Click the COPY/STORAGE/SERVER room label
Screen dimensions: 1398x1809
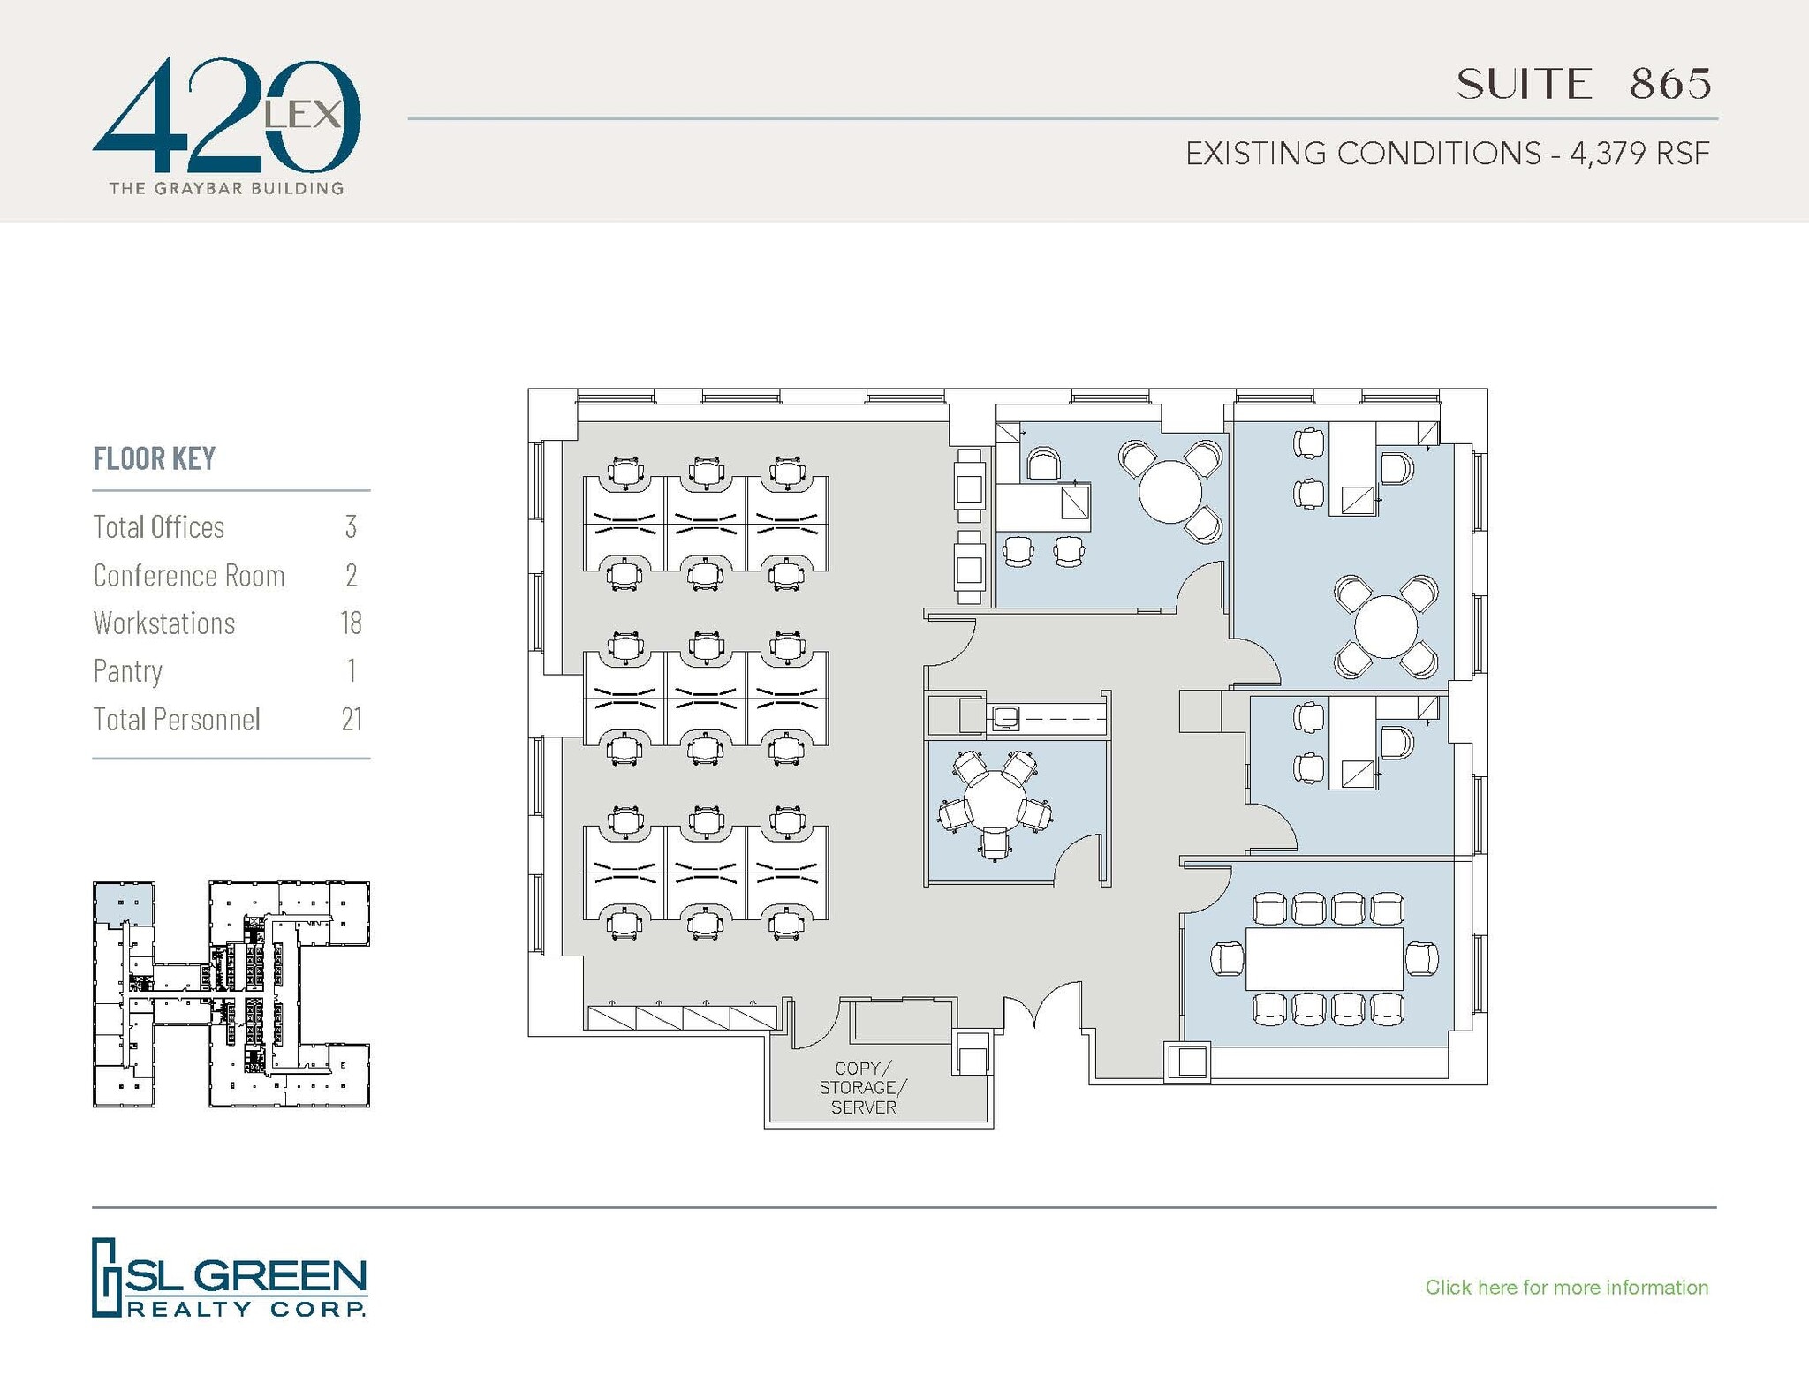[863, 1087]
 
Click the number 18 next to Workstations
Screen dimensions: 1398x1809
[351, 623]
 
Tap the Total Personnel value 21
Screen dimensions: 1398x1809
[352, 719]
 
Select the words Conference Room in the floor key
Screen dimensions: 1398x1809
[189, 575]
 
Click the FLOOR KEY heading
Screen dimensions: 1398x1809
[155, 458]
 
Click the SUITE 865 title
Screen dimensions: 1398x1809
[1583, 85]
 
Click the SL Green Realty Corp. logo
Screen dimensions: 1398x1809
[229, 1278]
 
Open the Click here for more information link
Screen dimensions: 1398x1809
[1566, 1287]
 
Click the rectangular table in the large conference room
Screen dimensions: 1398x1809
[1324, 959]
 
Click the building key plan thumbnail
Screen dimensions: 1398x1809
[231, 994]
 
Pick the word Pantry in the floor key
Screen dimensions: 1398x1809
[128, 671]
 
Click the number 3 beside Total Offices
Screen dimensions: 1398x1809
[351, 527]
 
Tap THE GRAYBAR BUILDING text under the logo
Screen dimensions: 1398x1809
[226, 188]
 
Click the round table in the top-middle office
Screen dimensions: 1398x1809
[1170, 491]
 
